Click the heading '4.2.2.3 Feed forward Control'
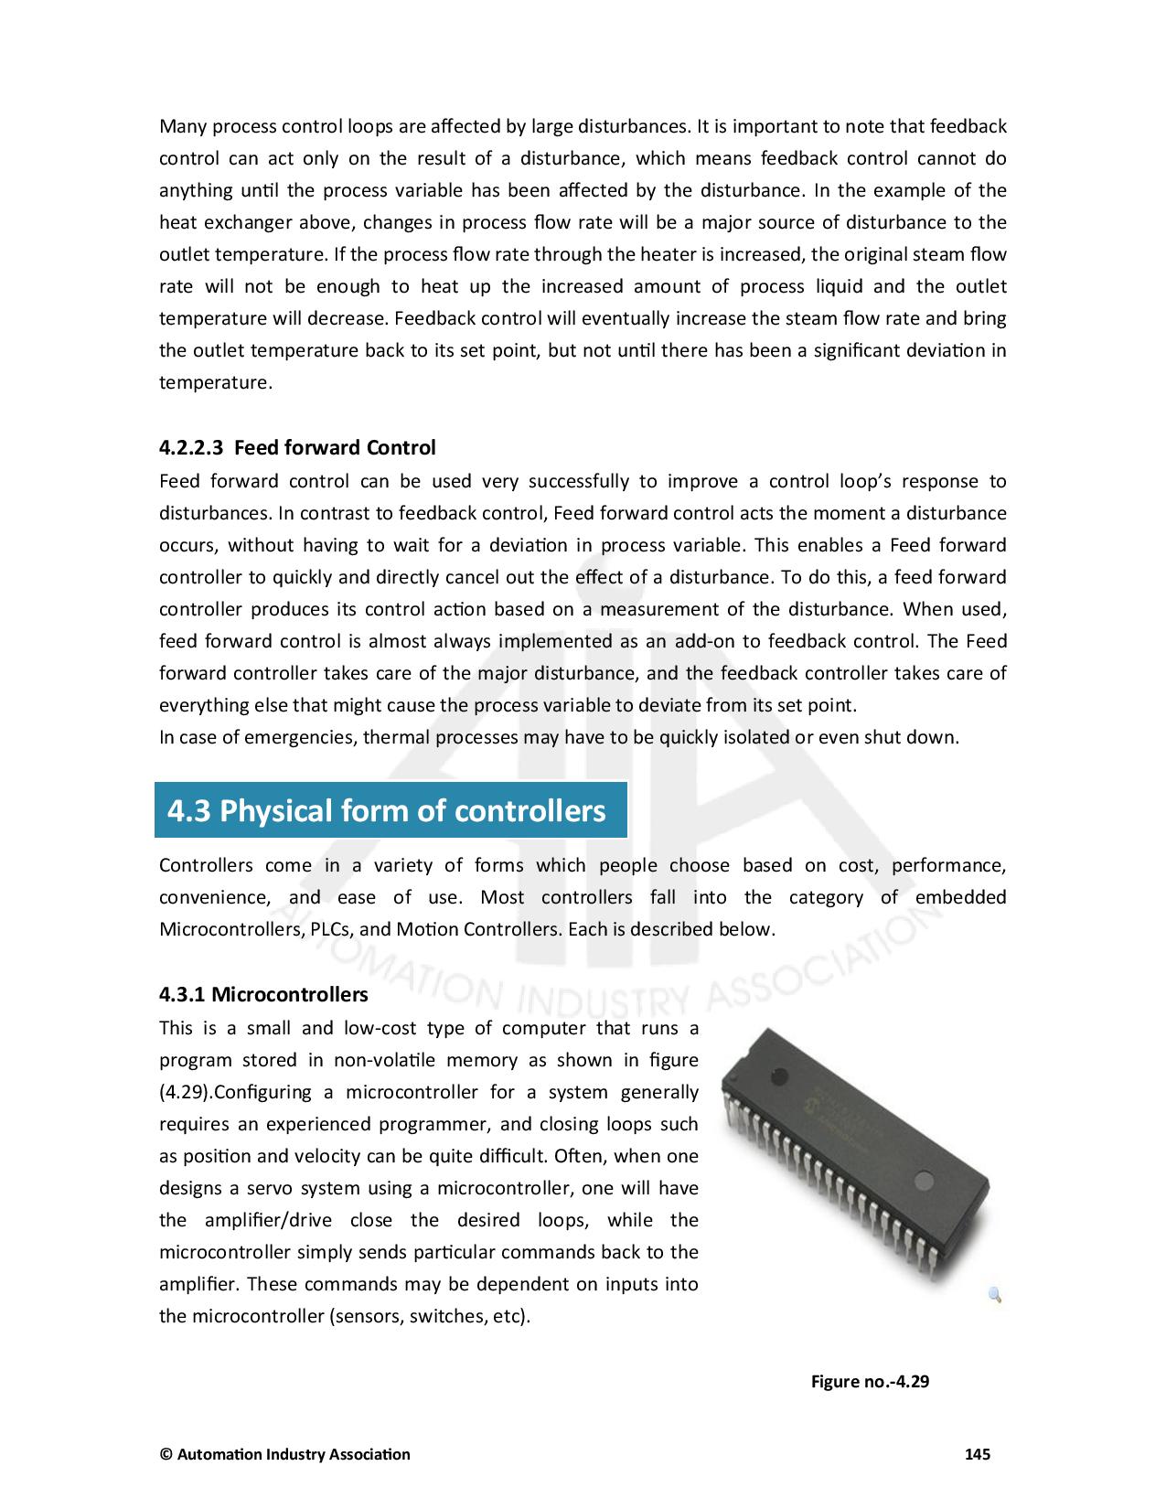[297, 448]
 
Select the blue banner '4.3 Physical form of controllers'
[390, 810]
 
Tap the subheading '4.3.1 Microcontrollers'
[263, 994]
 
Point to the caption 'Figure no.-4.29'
[870, 1381]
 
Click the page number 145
[978, 1454]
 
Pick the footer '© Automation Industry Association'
[284, 1454]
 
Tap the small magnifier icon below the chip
[995, 1294]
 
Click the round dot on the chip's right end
[925, 1179]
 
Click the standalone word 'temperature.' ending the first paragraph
[216, 383]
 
